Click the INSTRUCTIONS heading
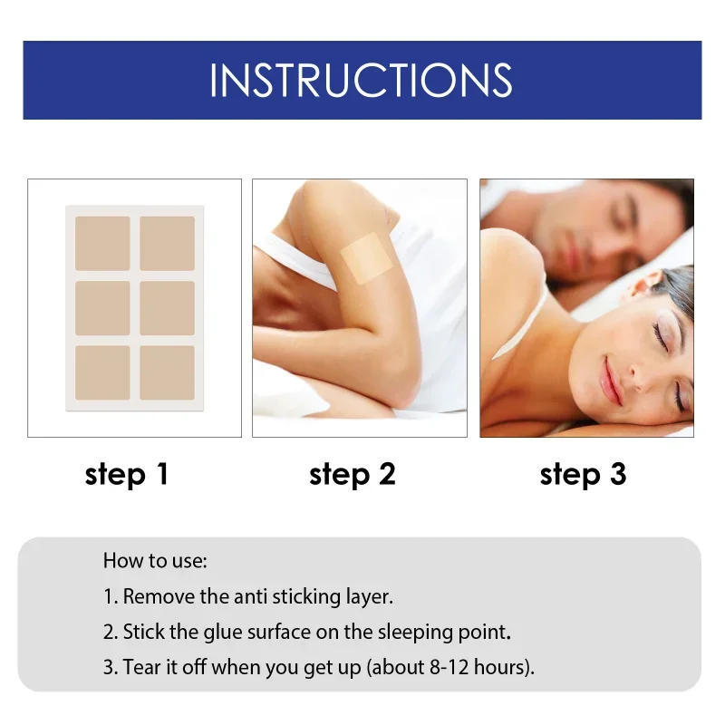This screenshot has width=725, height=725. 362,80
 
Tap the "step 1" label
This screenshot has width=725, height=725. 127,474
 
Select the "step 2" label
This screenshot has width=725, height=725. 353,474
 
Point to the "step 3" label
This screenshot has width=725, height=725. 583,474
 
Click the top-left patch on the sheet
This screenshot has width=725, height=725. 102,243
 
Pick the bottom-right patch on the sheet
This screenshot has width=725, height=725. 167,372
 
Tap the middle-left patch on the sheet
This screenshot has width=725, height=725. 102,308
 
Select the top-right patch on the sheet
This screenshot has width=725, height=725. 167,243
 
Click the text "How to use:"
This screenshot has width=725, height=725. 155,560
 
